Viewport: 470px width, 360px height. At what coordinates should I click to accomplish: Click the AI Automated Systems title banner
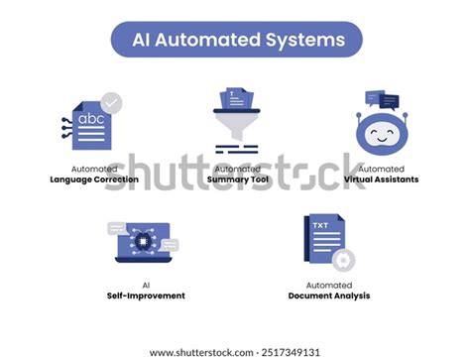[235, 40]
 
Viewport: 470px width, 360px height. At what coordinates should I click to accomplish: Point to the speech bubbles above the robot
[382, 98]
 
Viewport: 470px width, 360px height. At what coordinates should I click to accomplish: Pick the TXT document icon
[324, 240]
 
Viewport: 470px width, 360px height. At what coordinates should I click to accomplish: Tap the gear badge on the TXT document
[344, 261]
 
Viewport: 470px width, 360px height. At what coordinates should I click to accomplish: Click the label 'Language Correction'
[95, 180]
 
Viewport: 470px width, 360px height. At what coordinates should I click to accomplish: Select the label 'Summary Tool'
[237, 180]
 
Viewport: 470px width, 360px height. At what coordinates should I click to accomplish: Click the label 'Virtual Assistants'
[381, 180]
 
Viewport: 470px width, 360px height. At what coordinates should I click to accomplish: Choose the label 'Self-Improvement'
[146, 296]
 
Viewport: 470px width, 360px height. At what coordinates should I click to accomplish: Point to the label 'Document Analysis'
[328, 296]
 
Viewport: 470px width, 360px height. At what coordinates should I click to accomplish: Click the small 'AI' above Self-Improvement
[146, 284]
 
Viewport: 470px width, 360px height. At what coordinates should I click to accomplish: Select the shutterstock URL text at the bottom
[235, 352]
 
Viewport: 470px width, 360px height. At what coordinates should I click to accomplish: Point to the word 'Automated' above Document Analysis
[328, 284]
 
